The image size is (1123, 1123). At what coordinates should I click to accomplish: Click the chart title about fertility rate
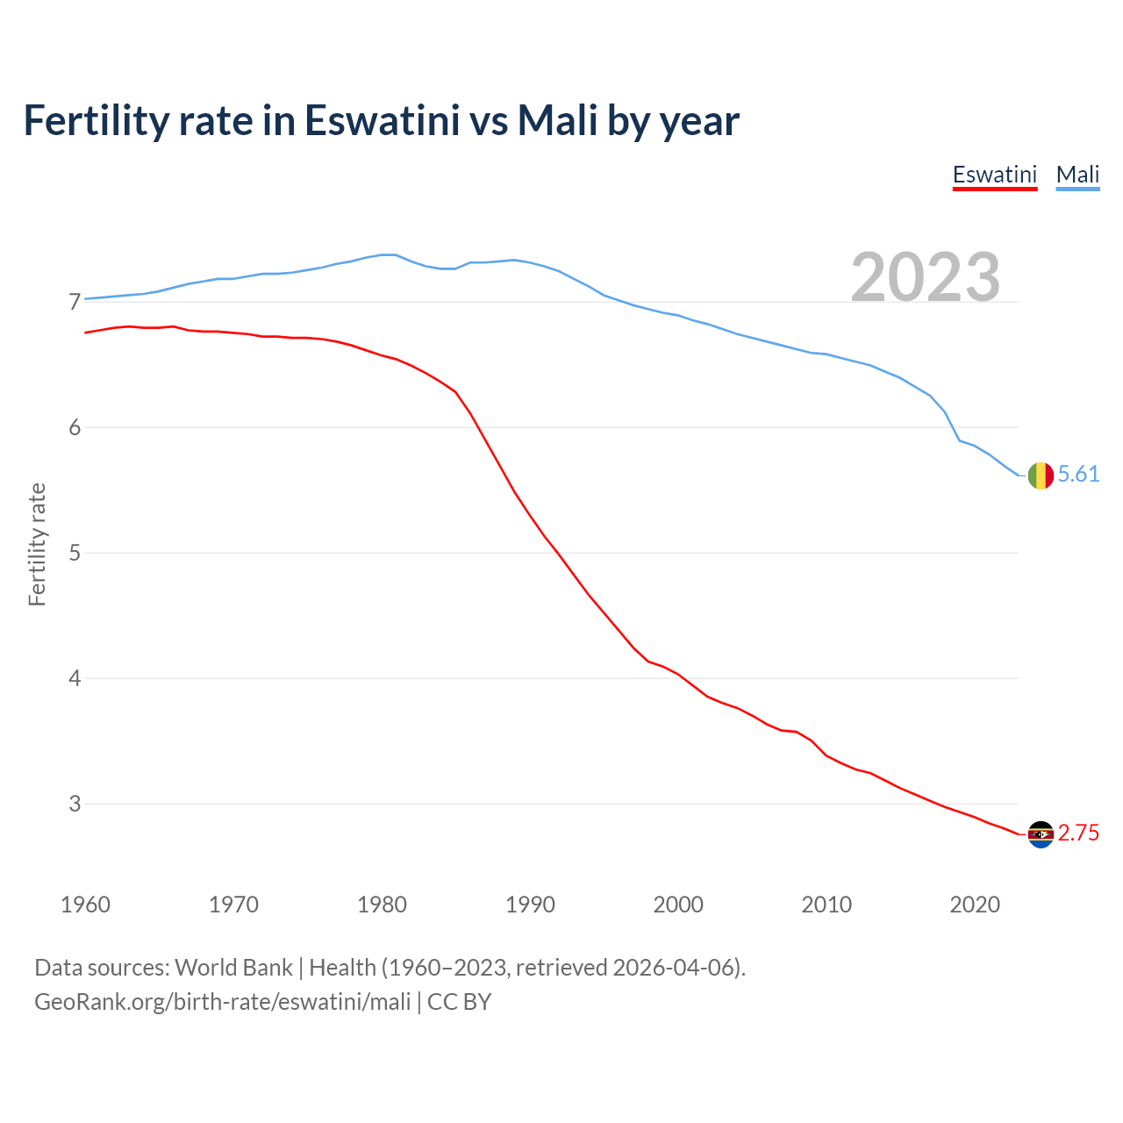[382, 120]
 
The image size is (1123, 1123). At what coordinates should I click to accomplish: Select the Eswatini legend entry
[995, 175]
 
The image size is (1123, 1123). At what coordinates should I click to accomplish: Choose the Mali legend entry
[1077, 175]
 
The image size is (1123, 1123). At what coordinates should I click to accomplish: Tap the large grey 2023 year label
[926, 277]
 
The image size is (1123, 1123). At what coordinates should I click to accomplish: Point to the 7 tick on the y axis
[75, 303]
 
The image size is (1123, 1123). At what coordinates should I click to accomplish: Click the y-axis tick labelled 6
[75, 428]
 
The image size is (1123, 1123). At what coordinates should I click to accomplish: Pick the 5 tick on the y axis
[75, 554]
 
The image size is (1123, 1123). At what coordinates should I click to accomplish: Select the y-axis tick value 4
[75, 679]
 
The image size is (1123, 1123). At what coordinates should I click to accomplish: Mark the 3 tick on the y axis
[75, 805]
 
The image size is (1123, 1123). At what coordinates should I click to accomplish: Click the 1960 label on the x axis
[85, 905]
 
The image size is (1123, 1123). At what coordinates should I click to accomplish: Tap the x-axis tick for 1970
[233, 905]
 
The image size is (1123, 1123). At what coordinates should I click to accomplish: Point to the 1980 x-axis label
[382, 905]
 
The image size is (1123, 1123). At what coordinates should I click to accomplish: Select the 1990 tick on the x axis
[530, 905]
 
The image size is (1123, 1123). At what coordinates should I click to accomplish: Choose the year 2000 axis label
[678, 905]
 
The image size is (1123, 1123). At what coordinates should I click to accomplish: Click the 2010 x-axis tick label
[826, 905]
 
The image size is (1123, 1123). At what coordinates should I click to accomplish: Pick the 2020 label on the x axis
[975, 905]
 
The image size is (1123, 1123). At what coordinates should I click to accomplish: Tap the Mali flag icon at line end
[1041, 475]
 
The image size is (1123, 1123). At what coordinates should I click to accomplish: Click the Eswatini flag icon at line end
[1041, 833]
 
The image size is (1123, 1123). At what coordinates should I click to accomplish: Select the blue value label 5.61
[1078, 475]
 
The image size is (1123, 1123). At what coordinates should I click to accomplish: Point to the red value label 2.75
[1078, 833]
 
